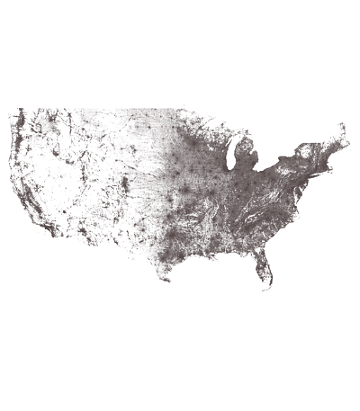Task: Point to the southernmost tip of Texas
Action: [x=167, y=279]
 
